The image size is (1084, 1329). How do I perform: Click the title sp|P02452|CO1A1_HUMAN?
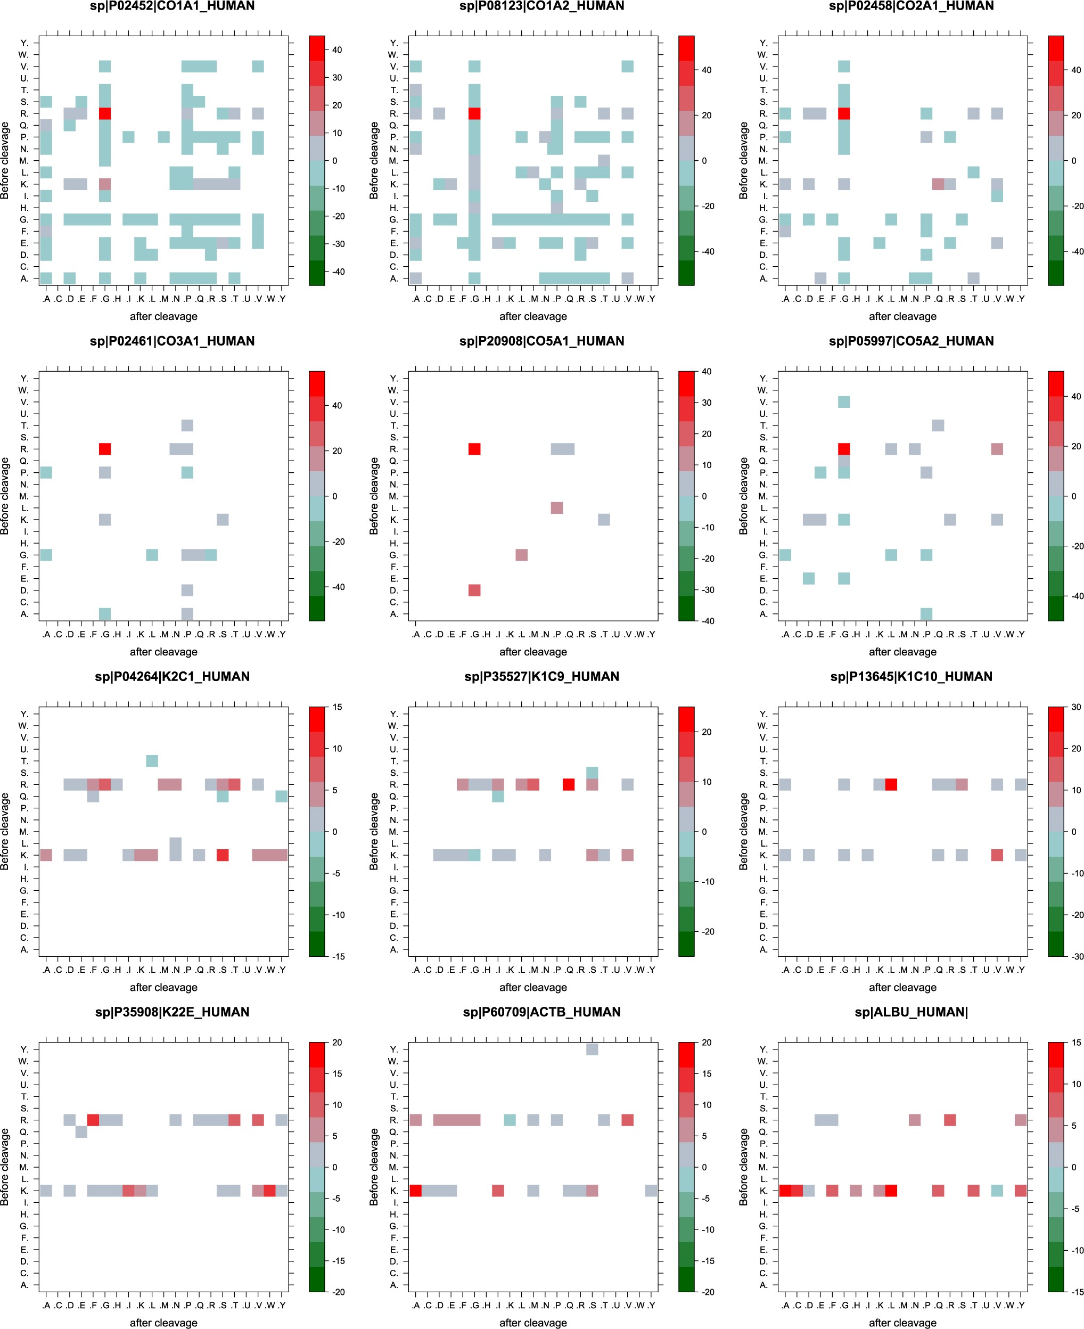pos(172,6)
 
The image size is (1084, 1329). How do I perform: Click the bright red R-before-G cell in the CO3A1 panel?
pos(105,449)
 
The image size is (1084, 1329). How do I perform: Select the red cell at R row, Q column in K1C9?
pos(568,784)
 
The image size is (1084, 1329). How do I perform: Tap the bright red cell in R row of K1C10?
pos(891,784)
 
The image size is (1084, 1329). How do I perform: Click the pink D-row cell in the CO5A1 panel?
pos(474,590)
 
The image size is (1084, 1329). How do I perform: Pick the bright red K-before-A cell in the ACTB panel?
pos(415,1191)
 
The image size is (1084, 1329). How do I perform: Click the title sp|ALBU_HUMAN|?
pos(911,1012)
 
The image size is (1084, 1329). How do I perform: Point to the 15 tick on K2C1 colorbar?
pos(337,707)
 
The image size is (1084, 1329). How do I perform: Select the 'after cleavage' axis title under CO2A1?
pos(902,316)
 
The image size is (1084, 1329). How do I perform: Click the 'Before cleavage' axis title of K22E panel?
pos(5,1167)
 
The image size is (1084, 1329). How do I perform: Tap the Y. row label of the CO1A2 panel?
pos(393,43)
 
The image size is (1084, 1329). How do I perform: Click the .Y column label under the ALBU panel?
pos(1020,1305)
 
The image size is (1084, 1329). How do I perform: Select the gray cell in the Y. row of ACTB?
pos(592,1050)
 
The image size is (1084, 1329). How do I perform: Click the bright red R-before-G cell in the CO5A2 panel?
pos(844,449)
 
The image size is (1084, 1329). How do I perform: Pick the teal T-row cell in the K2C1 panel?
pos(152,761)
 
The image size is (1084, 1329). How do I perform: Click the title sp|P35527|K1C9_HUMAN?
pos(541,677)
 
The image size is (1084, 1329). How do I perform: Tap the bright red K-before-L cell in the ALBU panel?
pos(891,1191)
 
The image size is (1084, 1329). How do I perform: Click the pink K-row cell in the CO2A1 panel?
pos(938,184)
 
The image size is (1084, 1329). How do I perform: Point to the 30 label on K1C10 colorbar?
pos(1076,707)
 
